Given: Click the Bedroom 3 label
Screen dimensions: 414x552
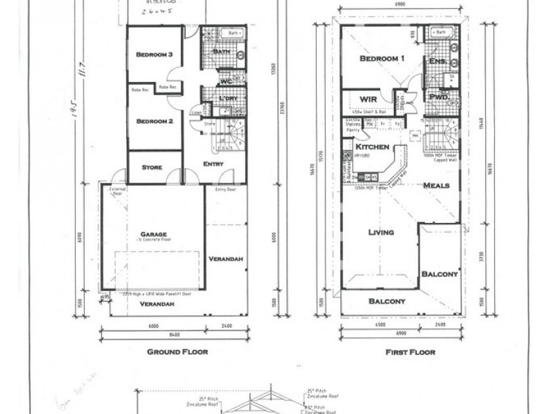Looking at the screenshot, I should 154,55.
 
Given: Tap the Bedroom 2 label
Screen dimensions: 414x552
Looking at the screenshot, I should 154,122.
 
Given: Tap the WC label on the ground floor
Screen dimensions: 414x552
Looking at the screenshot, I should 226,82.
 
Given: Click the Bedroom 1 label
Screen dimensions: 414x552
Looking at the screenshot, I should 382,59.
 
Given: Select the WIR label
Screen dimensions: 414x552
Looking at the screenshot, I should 368,99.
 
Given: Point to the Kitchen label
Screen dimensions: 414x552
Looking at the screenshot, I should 373,148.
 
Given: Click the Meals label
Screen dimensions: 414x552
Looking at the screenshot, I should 436,186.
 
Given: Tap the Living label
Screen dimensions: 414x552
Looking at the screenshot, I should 380,233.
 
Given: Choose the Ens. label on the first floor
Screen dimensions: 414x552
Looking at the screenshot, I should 437,62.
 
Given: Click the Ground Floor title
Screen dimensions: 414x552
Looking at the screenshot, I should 177,351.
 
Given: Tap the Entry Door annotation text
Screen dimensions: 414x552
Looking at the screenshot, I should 225,189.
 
